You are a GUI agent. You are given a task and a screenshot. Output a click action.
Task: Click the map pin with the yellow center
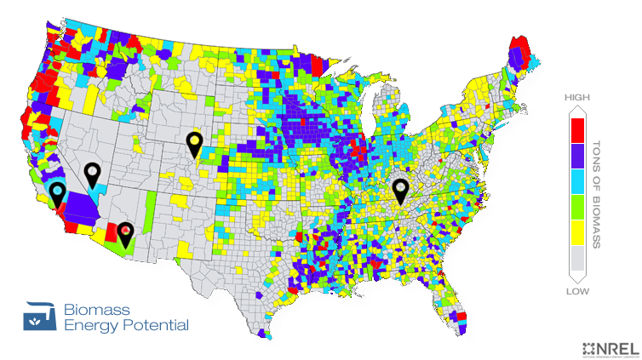(194, 142)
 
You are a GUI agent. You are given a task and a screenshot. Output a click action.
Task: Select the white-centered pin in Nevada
(91, 172)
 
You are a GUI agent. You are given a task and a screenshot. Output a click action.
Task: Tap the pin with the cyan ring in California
(57, 192)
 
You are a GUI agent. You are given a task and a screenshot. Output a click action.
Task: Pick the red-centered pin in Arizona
(125, 231)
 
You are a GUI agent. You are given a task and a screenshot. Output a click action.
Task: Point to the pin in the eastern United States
(400, 191)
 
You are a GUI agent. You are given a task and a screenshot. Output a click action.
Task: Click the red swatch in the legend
(577, 130)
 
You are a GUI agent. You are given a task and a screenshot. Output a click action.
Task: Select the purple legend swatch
(577, 155)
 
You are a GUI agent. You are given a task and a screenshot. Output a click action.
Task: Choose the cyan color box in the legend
(577, 181)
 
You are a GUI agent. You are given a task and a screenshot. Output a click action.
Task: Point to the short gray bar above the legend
(577, 98)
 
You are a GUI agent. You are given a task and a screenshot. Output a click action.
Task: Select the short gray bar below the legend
(577, 291)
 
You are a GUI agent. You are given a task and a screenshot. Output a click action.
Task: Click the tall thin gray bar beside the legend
(596, 194)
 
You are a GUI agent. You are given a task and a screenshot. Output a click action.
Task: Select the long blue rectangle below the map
(125, 317)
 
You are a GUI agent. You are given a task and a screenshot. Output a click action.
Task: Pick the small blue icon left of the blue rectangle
(39, 316)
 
